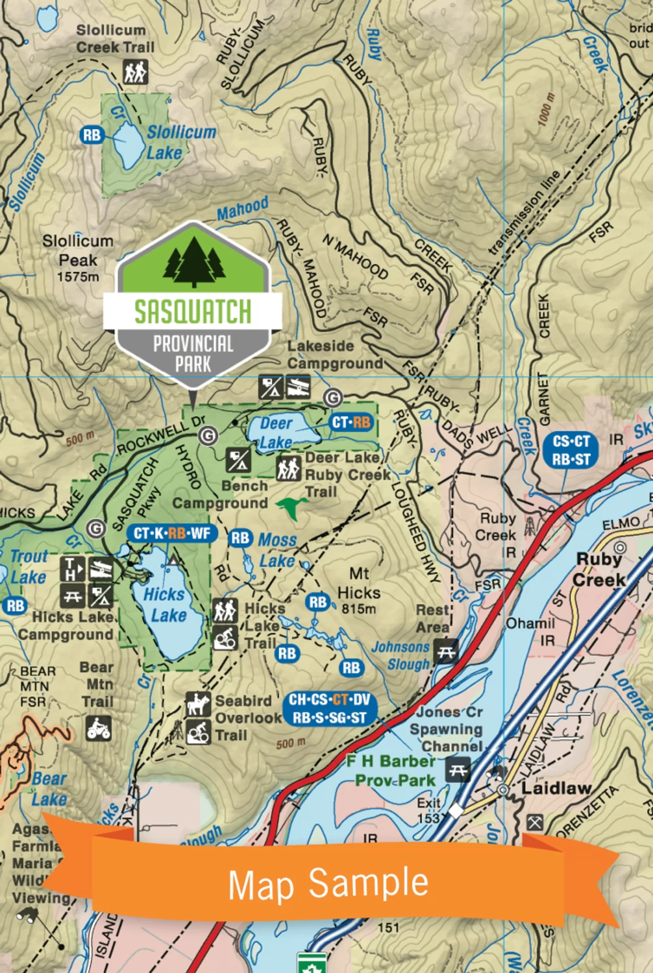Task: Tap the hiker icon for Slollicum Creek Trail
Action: (136, 72)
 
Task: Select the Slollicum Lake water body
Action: (128, 143)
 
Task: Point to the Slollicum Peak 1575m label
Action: (77, 258)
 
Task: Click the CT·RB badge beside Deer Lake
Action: (351, 423)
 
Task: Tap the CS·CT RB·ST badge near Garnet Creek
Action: (571, 450)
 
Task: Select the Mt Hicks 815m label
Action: (358, 591)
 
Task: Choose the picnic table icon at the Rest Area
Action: (446, 651)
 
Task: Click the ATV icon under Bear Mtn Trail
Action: (99, 728)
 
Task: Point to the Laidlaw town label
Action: (556, 788)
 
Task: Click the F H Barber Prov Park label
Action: (391, 770)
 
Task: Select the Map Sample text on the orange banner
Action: (328, 883)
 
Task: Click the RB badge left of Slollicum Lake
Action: (92, 135)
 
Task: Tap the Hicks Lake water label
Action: (165, 605)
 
